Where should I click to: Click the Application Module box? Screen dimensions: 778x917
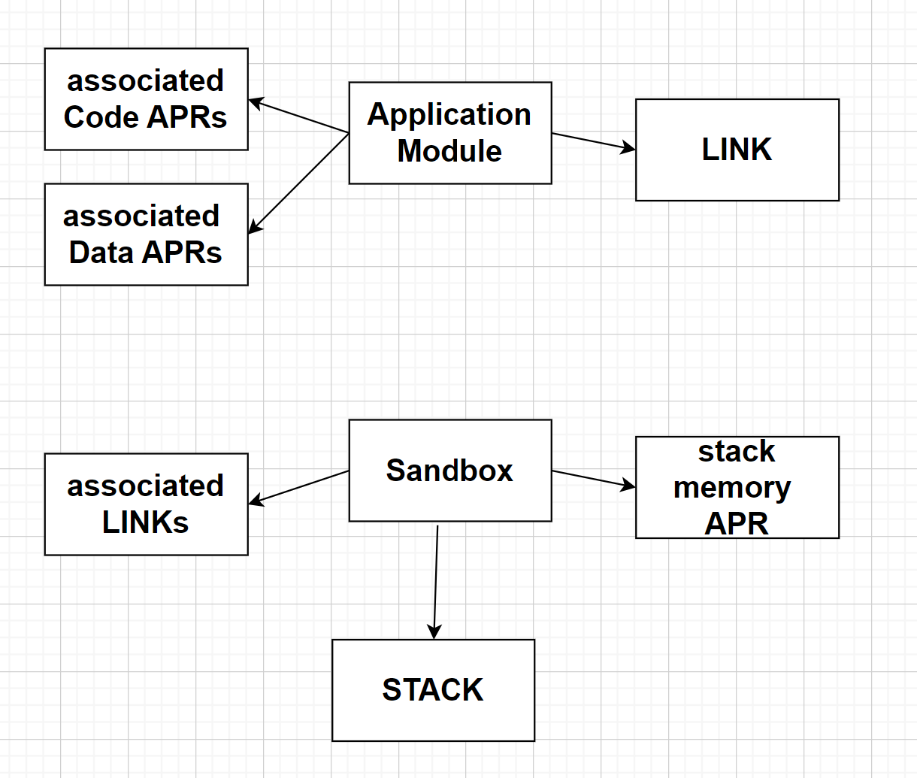(450, 133)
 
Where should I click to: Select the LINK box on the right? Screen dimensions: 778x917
(737, 150)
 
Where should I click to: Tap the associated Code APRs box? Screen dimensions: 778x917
(146, 99)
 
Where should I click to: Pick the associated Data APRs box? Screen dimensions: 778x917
(146, 234)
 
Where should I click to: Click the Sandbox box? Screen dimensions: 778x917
(450, 471)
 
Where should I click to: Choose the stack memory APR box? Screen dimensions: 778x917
(737, 487)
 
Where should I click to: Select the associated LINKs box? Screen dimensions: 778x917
(146, 504)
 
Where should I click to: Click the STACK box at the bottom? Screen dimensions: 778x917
(433, 690)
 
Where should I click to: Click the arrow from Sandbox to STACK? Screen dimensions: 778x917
(436, 579)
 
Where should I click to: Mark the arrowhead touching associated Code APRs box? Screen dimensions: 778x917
(256, 102)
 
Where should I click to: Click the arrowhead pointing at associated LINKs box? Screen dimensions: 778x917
(256, 500)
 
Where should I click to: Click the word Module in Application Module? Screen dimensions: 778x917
(449, 151)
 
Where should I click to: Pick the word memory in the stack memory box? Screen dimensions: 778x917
(731, 488)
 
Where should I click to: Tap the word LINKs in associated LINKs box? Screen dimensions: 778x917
(145, 522)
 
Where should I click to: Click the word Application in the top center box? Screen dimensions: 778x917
(449, 114)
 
